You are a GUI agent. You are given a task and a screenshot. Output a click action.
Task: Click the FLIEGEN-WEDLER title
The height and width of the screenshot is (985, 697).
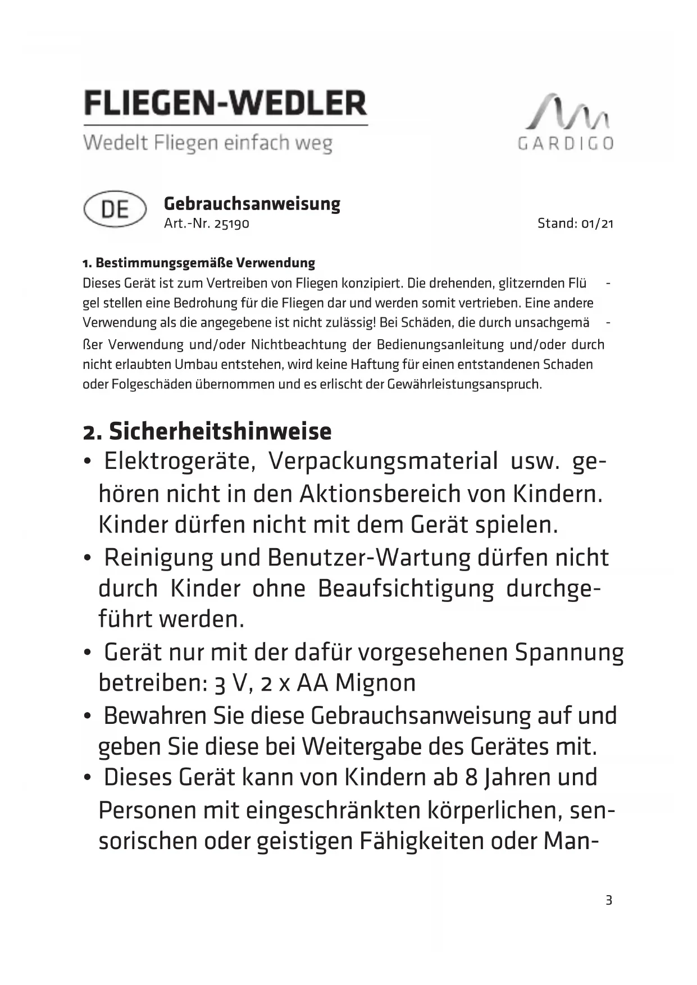pyautogui.click(x=225, y=103)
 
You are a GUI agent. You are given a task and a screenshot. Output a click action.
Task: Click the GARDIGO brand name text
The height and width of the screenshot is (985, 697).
pyautogui.click(x=565, y=144)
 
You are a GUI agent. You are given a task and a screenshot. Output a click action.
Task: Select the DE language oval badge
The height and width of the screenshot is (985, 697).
pyautogui.click(x=115, y=209)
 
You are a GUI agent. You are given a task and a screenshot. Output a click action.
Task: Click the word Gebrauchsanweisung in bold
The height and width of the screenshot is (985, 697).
pyautogui.click(x=252, y=203)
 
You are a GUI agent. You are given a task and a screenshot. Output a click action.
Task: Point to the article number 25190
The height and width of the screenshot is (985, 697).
pyautogui.click(x=232, y=224)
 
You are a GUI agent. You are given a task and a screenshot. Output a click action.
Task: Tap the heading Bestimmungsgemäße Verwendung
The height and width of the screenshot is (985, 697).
pyautogui.click(x=205, y=263)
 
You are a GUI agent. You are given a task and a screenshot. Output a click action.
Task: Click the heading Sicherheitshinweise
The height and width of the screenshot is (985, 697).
pyautogui.click(x=220, y=431)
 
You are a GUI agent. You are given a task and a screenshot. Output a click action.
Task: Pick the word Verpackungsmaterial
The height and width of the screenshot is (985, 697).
pyautogui.click(x=383, y=461)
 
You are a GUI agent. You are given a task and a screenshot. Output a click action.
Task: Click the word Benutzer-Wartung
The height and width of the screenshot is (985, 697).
pyautogui.click(x=369, y=557)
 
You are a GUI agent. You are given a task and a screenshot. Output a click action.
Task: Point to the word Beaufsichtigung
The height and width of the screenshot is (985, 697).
pyautogui.click(x=406, y=589)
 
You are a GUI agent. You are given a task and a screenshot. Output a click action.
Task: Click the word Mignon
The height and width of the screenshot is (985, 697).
pyautogui.click(x=375, y=683)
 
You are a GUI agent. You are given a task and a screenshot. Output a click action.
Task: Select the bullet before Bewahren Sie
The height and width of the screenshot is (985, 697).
pyautogui.click(x=87, y=717)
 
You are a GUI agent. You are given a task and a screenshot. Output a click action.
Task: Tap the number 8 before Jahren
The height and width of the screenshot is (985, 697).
pyautogui.click(x=471, y=778)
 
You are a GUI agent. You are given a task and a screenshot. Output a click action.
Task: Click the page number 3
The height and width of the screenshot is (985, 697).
pyautogui.click(x=609, y=900)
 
